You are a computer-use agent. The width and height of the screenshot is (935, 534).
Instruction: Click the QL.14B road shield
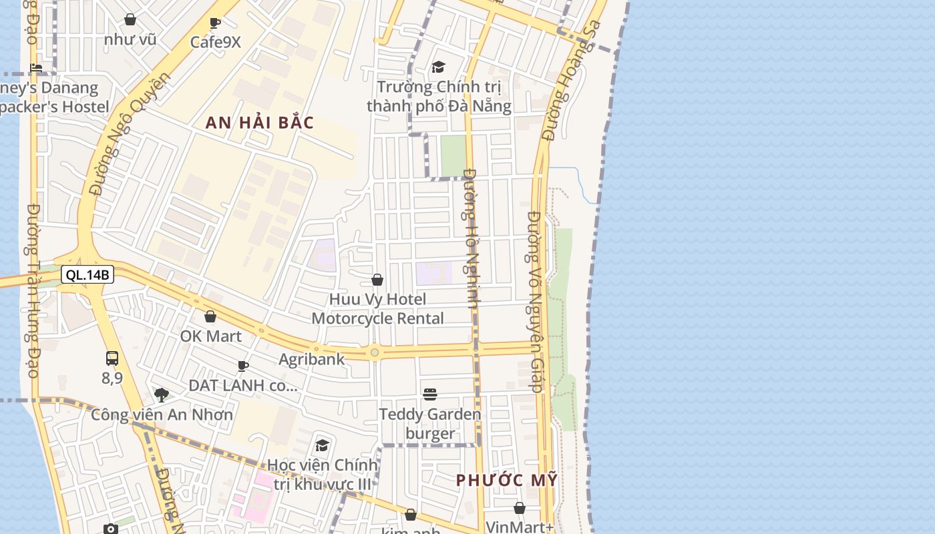click(87, 274)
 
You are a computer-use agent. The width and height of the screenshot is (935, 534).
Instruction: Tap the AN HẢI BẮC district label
click(260, 123)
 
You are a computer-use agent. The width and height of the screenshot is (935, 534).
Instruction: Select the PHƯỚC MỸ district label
click(507, 480)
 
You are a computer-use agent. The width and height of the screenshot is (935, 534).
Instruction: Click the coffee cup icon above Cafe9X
click(215, 23)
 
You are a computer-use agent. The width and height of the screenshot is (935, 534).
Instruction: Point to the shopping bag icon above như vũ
click(130, 20)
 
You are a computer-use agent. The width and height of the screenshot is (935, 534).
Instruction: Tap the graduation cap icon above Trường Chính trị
click(438, 67)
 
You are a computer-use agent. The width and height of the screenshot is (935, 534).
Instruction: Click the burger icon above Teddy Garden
click(430, 394)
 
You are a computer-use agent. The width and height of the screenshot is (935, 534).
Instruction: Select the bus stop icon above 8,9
click(112, 358)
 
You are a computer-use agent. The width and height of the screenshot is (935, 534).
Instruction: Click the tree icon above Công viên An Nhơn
click(162, 394)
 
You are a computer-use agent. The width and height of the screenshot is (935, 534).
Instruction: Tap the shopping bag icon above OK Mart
click(210, 316)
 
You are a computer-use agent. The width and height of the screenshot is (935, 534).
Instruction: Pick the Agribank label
click(312, 359)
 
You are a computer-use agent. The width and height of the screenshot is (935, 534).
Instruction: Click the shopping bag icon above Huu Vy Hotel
click(377, 280)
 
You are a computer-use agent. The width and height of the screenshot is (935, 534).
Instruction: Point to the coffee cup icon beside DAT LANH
click(243, 366)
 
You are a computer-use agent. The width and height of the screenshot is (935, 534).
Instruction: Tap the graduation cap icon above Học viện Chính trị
click(323, 445)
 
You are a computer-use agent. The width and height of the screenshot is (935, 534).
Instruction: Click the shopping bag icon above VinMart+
click(520, 508)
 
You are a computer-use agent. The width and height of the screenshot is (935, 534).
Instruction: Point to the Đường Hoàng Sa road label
click(572, 81)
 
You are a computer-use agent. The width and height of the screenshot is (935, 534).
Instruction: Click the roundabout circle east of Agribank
click(375, 352)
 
